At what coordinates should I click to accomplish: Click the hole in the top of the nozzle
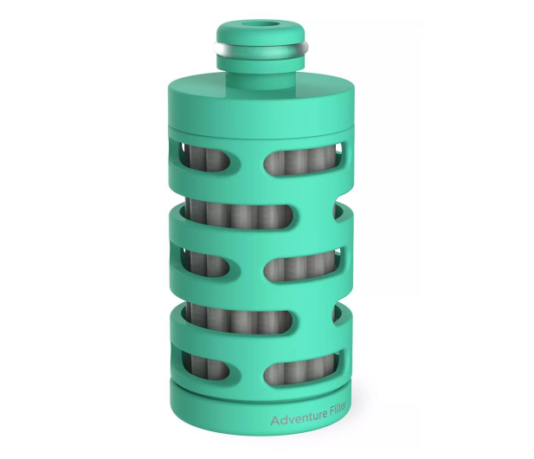pyautogui.click(x=261, y=26)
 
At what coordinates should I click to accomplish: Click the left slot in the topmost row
pyautogui.click(x=205, y=157)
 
